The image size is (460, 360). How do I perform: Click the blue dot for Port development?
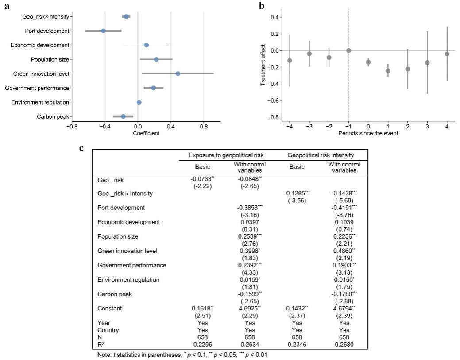coord(104,31)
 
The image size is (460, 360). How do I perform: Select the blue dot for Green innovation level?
coord(178,74)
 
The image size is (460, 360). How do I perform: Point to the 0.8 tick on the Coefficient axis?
coord(203,126)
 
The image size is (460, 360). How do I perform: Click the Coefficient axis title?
coord(146,133)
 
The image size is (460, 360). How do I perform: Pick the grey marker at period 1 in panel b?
coord(388,71)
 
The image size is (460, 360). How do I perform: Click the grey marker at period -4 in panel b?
coord(290,60)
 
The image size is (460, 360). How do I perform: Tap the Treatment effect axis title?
coord(263,65)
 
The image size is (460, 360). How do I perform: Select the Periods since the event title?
coord(368,133)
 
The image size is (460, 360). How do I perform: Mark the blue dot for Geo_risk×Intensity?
coord(126,16)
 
